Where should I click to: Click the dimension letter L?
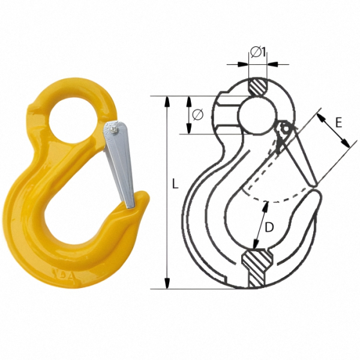point(175,184)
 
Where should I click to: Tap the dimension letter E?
point(338,122)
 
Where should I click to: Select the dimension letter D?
point(269,227)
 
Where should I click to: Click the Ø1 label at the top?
point(258,52)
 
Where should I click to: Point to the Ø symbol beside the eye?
point(198,115)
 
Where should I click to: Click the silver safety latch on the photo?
point(119,163)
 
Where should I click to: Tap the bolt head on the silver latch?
point(114,130)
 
